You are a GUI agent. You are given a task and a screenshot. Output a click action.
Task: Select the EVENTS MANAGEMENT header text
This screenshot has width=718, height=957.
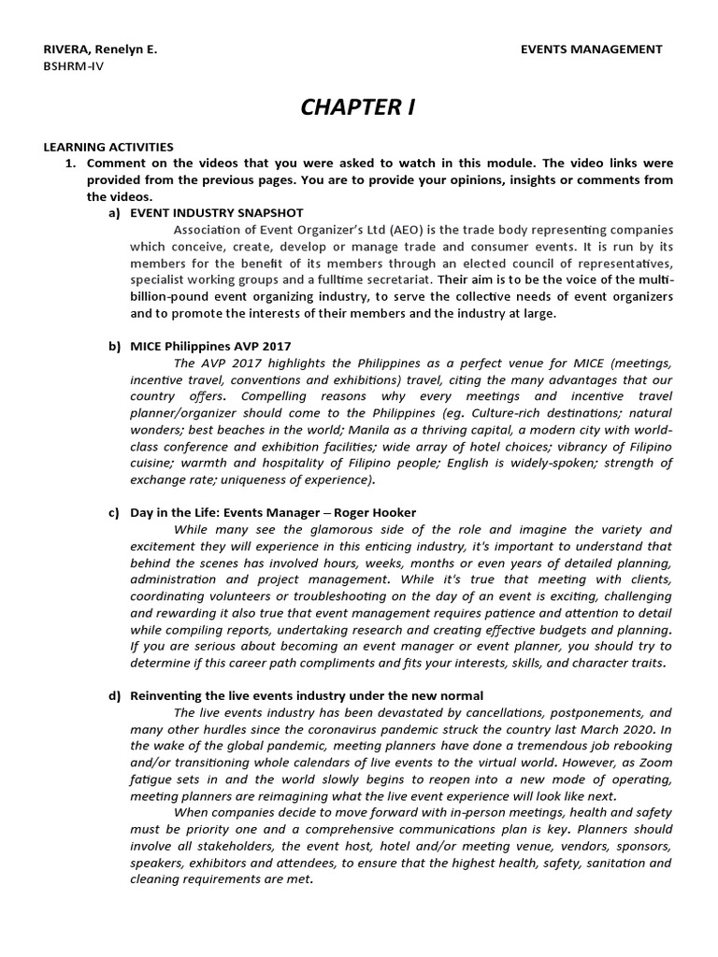(591, 50)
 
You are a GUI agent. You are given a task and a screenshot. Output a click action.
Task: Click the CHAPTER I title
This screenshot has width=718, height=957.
(357, 107)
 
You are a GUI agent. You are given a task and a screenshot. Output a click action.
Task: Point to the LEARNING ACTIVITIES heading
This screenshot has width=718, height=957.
(109, 147)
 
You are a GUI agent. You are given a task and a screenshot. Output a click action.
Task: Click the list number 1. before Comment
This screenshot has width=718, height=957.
(69, 163)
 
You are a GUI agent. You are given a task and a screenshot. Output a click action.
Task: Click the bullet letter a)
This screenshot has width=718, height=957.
(115, 213)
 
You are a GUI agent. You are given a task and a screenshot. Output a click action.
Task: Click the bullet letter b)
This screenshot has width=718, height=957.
(115, 347)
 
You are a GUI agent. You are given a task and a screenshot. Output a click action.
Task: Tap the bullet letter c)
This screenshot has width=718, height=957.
(115, 513)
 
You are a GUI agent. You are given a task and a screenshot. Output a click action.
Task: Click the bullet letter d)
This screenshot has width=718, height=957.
(115, 695)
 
